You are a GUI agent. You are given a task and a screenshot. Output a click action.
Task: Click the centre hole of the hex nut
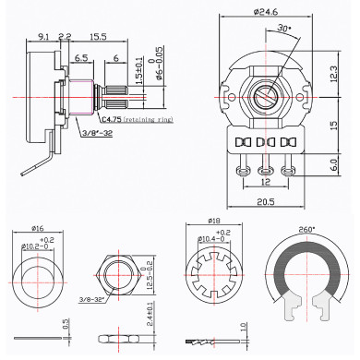click(117, 275)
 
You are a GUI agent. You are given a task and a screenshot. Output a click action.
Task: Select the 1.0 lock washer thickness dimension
click(243, 327)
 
